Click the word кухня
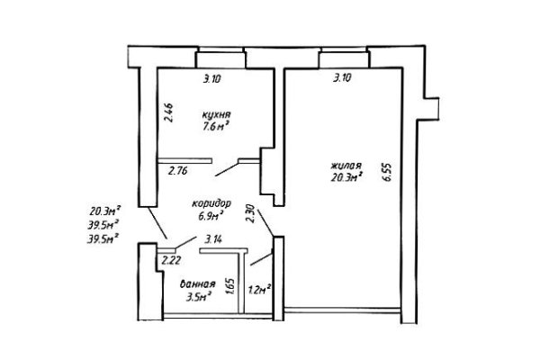216,114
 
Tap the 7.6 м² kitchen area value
216,126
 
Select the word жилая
346,166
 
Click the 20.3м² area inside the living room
346,177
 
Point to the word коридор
211,203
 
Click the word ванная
198,284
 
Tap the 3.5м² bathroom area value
198,297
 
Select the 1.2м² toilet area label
259,290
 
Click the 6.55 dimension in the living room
387,172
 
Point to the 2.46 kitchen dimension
169,112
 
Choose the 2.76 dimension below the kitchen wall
177,170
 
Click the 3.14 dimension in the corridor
212,238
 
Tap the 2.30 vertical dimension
251,214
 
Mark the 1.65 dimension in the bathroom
230,286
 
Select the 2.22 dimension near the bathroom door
171,260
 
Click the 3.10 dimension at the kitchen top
211,79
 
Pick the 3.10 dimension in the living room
342,78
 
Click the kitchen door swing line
227,169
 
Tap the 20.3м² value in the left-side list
105,210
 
